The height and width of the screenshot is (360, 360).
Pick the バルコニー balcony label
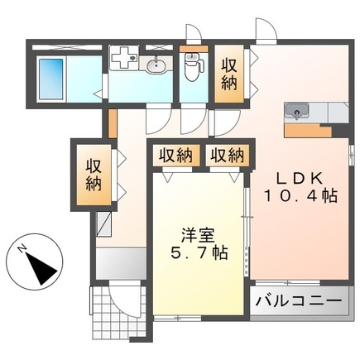[x=299, y=300]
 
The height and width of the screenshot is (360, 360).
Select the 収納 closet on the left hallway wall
[x=94, y=175]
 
